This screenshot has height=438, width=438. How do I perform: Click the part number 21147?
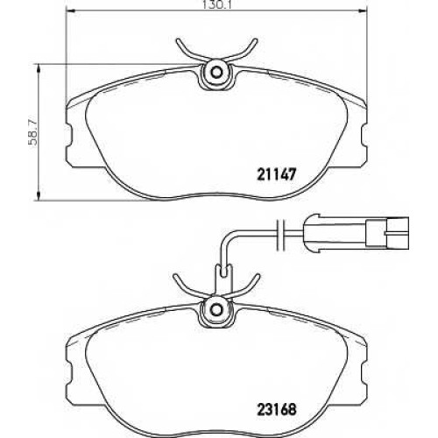pos(277,175)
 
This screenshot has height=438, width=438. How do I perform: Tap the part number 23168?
pos(277,409)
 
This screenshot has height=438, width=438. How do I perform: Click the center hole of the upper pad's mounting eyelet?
pos(216,72)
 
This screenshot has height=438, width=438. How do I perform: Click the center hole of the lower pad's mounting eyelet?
pos(216,308)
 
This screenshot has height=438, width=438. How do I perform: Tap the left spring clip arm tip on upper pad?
pos(178,40)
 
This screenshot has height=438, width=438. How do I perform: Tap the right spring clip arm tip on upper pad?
pos(256,40)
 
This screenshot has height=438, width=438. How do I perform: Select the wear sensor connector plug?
pos(357,233)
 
